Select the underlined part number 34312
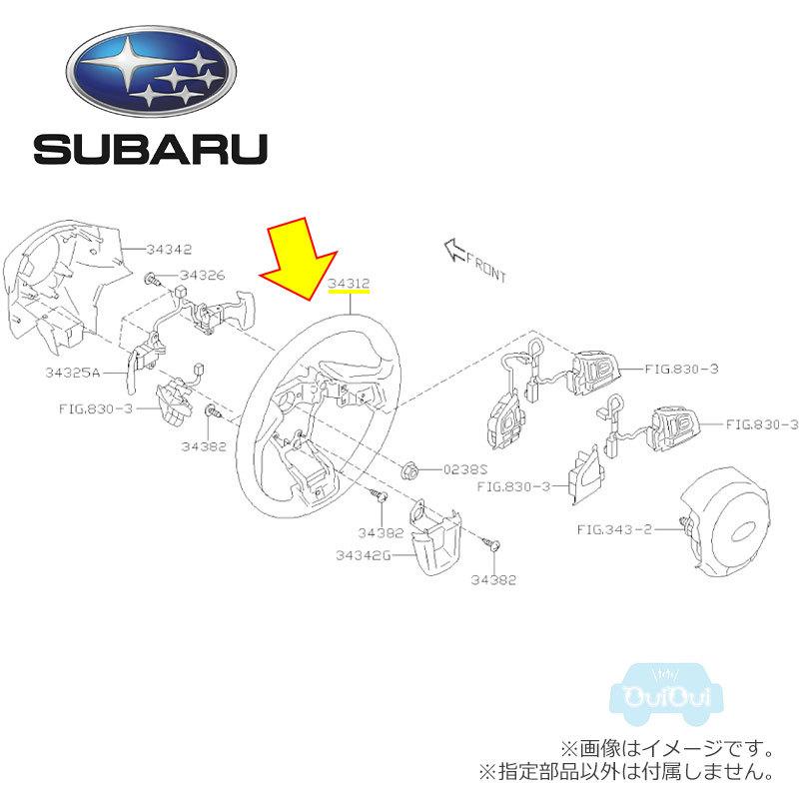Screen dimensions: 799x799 (x=349, y=284)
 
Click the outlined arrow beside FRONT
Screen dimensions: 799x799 (x=455, y=249)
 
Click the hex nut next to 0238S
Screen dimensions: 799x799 (x=410, y=467)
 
